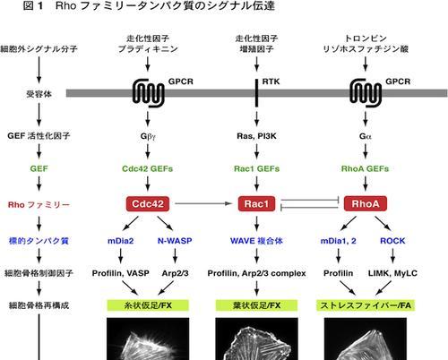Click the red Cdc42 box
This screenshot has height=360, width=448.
148,204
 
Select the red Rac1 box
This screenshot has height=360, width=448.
256,204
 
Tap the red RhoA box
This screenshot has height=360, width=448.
366,204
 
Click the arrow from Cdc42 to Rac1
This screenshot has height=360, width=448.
203,203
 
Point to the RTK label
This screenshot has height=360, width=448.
271,81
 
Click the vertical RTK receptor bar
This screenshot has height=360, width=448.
256,93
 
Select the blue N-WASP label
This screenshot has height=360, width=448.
175,241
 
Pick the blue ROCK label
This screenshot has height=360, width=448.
392,241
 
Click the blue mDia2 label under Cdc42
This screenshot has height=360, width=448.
120,241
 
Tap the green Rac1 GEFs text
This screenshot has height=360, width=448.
256,168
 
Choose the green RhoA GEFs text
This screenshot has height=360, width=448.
365,168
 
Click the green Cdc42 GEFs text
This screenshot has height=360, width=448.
148,168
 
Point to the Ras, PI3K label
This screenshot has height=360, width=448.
256,136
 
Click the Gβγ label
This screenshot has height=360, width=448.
148,136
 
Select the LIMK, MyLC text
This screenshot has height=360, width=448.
392,273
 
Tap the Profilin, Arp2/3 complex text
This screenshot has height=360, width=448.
256,273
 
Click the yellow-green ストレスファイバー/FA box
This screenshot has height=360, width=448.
366,305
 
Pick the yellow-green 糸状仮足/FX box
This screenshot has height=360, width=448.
148,305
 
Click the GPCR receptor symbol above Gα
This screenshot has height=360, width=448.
366,93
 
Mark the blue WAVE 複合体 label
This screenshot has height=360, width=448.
256,241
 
